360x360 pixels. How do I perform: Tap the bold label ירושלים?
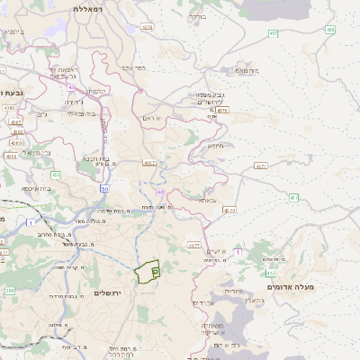(x=112, y=293)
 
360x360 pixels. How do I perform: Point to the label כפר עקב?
(x=133, y=67)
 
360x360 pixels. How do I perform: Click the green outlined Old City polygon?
(x=147, y=270)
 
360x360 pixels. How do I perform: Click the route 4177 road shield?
(x=193, y=244)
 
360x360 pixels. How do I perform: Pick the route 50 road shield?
(x=104, y=189)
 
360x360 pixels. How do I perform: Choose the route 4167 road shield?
(x=148, y=163)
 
